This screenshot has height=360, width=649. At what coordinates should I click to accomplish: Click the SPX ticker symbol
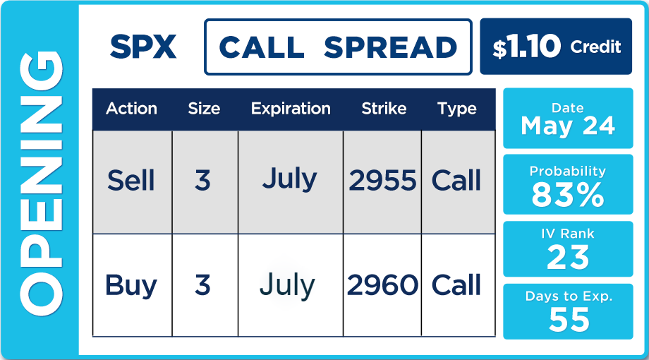(x=143, y=47)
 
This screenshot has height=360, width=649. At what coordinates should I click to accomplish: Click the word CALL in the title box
(x=262, y=47)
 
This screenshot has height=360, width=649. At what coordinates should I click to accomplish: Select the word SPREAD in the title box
(x=390, y=47)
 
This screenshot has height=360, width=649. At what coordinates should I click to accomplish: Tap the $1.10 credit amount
(x=526, y=47)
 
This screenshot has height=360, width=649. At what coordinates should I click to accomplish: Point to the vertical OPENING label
(x=41, y=183)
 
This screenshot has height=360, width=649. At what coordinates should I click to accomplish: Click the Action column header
(x=132, y=109)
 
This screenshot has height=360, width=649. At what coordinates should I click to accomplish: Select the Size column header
(x=204, y=109)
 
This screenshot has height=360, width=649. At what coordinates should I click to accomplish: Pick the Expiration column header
(x=291, y=109)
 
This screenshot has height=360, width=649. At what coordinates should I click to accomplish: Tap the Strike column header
(x=384, y=109)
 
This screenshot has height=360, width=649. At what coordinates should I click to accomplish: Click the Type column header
(x=457, y=109)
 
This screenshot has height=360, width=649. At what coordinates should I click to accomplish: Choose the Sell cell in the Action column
(x=131, y=181)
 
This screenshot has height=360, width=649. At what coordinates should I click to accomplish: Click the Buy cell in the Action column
(x=131, y=286)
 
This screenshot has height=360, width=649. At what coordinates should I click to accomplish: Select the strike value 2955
(x=382, y=181)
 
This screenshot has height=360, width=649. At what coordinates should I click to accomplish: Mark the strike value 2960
(x=382, y=285)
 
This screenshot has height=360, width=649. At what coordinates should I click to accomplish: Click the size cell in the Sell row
(x=203, y=181)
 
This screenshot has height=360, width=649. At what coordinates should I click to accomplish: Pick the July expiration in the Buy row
(x=287, y=286)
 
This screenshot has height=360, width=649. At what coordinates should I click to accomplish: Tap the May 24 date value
(x=568, y=126)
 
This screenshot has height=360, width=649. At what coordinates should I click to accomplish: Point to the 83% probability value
(x=568, y=195)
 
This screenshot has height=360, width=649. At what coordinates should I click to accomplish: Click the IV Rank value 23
(x=568, y=257)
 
